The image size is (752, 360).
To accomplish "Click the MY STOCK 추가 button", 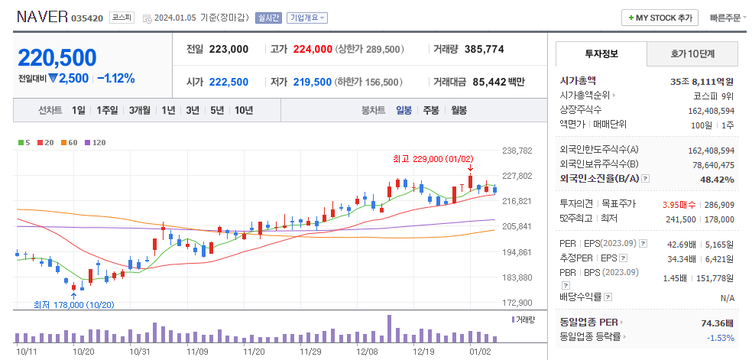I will pos(660,18).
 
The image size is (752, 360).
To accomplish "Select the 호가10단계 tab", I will pos(692,54).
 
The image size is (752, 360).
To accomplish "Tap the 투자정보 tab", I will pos(601,54).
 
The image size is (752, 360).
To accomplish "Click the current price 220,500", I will pos(57,58).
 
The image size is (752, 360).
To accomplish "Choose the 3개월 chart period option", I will pos(140,110).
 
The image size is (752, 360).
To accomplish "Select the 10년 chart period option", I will pos(244,110).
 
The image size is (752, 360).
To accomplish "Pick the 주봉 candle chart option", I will pos(431,110).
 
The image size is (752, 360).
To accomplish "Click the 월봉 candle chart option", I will pos(459,110).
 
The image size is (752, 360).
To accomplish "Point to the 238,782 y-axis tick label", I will pos(517,151).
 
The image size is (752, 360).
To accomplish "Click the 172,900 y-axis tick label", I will pos(517,303).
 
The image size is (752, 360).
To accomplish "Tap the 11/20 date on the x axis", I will pos(254,352).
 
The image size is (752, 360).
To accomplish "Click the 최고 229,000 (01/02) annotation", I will pos(429,159).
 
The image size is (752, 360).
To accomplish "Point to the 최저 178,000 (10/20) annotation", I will pos(73,304).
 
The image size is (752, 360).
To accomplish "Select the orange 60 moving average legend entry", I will pos(70,142).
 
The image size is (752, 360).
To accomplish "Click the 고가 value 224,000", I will pos(313,49).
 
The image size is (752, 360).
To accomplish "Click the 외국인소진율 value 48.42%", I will pos(718,180).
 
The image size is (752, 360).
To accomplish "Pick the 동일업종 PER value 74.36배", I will pos(717,323).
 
